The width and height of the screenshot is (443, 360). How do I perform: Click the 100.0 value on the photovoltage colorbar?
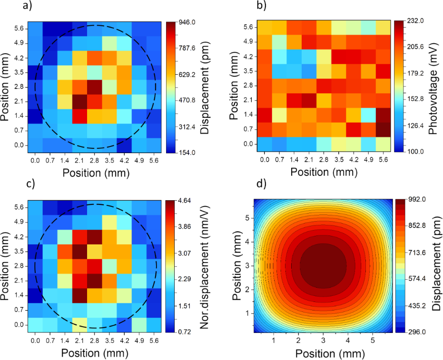click(x=415, y=151)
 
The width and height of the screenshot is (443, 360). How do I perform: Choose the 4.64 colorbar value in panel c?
click(x=185, y=201)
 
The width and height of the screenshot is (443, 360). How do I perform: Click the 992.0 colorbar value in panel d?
click(x=415, y=200)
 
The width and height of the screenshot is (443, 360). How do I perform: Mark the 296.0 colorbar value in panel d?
click(x=415, y=331)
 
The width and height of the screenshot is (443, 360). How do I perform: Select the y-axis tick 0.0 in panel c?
click(x=19, y=324)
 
